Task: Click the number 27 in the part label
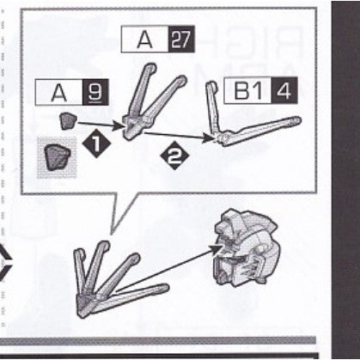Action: click(x=181, y=40)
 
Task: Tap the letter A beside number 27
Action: click(x=144, y=40)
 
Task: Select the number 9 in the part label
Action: click(x=95, y=92)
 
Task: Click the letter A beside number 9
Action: click(x=59, y=93)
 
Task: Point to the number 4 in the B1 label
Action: click(x=284, y=90)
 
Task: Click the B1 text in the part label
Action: click(x=247, y=90)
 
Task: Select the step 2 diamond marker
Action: click(x=174, y=156)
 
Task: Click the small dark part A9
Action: click(x=68, y=120)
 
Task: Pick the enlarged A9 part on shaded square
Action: click(x=57, y=156)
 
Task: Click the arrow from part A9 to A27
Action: click(x=101, y=125)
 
